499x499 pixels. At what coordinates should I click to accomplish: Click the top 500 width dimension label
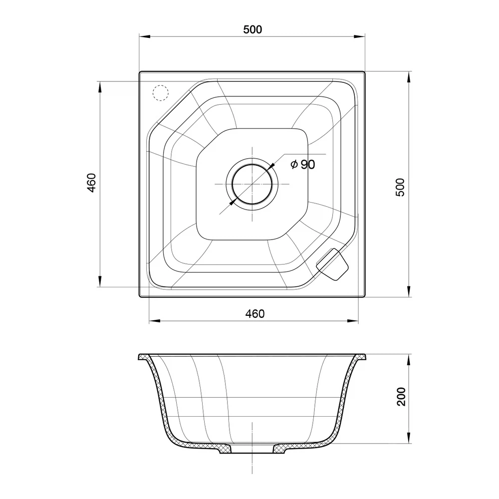coord(252,29)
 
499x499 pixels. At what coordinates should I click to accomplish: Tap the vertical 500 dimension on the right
coord(400,187)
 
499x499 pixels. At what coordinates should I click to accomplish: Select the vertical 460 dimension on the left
coord(91,183)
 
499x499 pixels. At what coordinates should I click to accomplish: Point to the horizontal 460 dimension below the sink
coord(254,314)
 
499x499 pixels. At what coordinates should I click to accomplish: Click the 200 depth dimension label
coord(402,397)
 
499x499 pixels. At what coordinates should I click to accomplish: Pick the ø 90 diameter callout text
coord(303,165)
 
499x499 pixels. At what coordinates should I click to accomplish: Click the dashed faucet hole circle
coord(160,93)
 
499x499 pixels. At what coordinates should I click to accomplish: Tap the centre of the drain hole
coord(252,184)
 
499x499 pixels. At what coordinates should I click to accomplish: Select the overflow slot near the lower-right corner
coord(332,264)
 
